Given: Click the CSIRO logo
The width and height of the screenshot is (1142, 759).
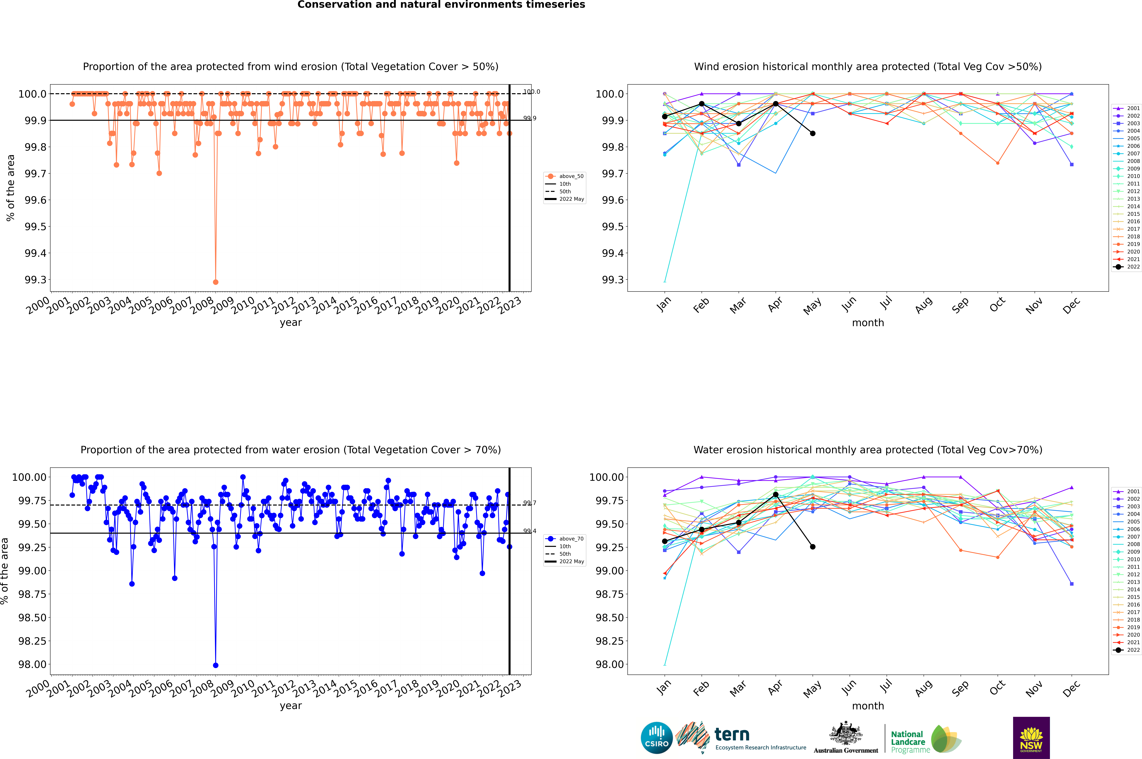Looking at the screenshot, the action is pos(656,738).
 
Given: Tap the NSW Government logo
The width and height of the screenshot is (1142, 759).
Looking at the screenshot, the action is pos(1031,738).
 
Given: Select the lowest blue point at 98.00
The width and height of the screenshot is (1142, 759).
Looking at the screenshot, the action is pos(215,665).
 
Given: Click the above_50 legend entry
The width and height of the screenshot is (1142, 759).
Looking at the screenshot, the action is pos(565,176).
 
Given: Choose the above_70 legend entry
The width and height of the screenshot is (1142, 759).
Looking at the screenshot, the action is pos(565,539).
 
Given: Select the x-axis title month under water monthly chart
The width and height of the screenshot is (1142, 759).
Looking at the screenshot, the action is pos(868,706).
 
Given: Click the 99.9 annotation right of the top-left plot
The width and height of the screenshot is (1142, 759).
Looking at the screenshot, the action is pos(530,118).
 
